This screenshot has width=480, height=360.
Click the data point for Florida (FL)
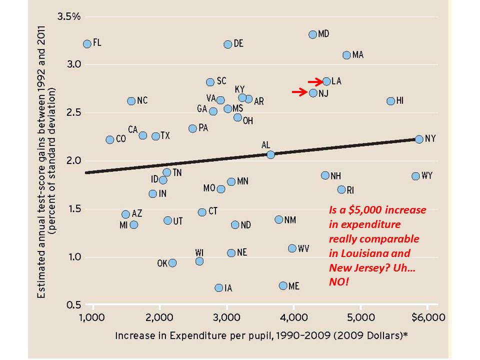pos(87,44)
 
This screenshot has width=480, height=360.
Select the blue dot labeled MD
pos(313,34)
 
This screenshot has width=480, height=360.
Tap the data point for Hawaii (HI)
pos(391,101)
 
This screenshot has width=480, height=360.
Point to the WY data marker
pos(415,176)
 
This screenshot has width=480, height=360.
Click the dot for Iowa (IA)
pos(218,287)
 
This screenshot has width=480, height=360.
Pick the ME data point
pos(283,285)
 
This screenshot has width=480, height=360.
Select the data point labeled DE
pos(228,44)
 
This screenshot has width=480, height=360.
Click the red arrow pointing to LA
pos(315,81)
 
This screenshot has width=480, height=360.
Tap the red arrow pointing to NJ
pos(300,91)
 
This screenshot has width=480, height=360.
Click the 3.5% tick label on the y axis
pos(69,16)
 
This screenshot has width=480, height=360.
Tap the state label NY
pos(430,139)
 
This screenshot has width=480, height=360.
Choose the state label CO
pos(120,139)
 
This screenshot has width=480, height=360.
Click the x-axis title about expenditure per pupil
pos(261,335)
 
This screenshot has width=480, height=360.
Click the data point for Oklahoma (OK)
pos(172,263)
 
